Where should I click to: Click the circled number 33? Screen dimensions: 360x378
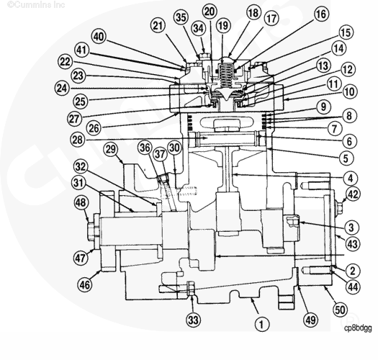click(192, 319)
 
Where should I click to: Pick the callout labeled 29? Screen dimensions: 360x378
click(111, 149)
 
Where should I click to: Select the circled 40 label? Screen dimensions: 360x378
click(99, 36)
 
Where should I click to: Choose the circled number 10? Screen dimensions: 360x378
click(350, 93)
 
